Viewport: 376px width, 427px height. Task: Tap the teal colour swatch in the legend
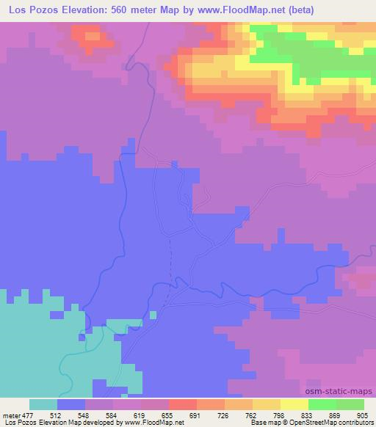coord(43,404)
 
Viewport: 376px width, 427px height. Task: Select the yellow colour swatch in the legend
coord(294,404)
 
